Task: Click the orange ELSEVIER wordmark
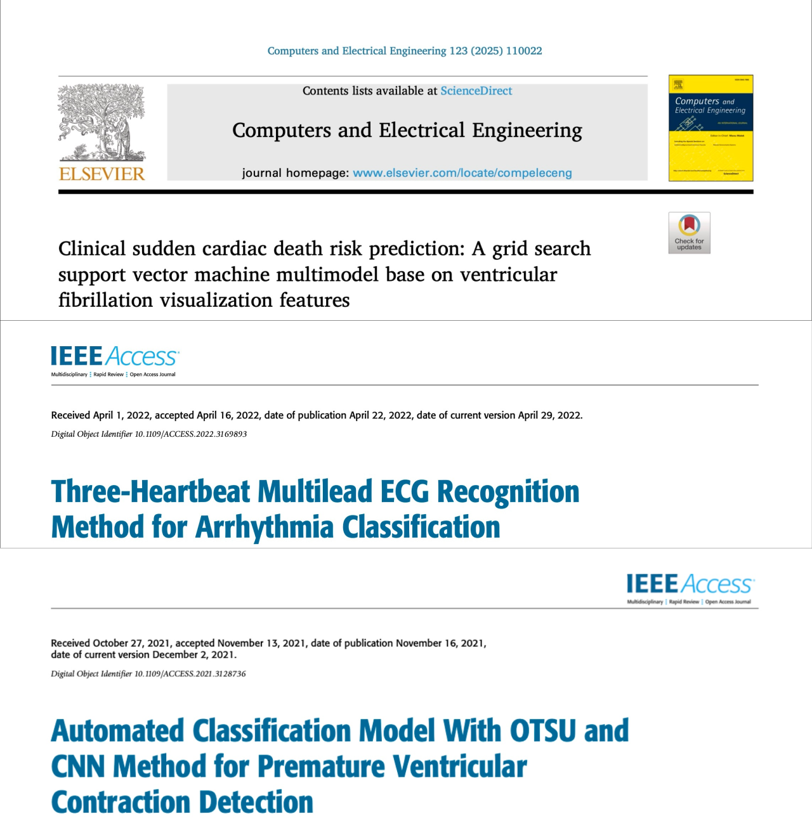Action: [x=101, y=174]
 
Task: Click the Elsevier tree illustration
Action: [x=101, y=122]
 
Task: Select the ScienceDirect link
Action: [x=476, y=91]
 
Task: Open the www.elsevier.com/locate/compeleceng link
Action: [x=462, y=173]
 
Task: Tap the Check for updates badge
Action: [x=689, y=233]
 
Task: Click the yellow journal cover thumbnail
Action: [x=710, y=128]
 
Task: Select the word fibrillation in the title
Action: [x=106, y=300]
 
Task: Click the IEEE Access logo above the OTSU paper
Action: [x=690, y=587]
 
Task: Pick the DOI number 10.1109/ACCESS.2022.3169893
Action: [x=191, y=434]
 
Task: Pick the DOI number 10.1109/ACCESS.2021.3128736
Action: [x=190, y=674]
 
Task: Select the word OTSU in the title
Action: [x=543, y=730]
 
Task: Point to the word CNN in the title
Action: [x=78, y=767]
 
